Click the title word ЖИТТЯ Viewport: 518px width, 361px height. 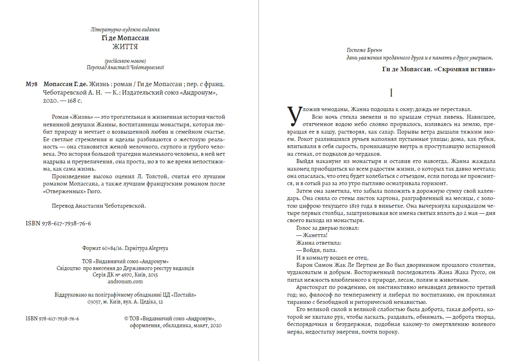click(125, 47)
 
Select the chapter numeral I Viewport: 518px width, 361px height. click(392, 93)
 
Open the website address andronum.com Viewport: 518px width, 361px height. click(125, 282)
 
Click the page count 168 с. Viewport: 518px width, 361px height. click(73, 101)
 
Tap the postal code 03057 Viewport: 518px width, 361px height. click(95, 301)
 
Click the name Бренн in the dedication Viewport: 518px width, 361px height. click(376, 50)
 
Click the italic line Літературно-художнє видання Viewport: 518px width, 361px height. click(125, 29)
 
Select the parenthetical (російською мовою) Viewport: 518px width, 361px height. click(125, 61)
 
